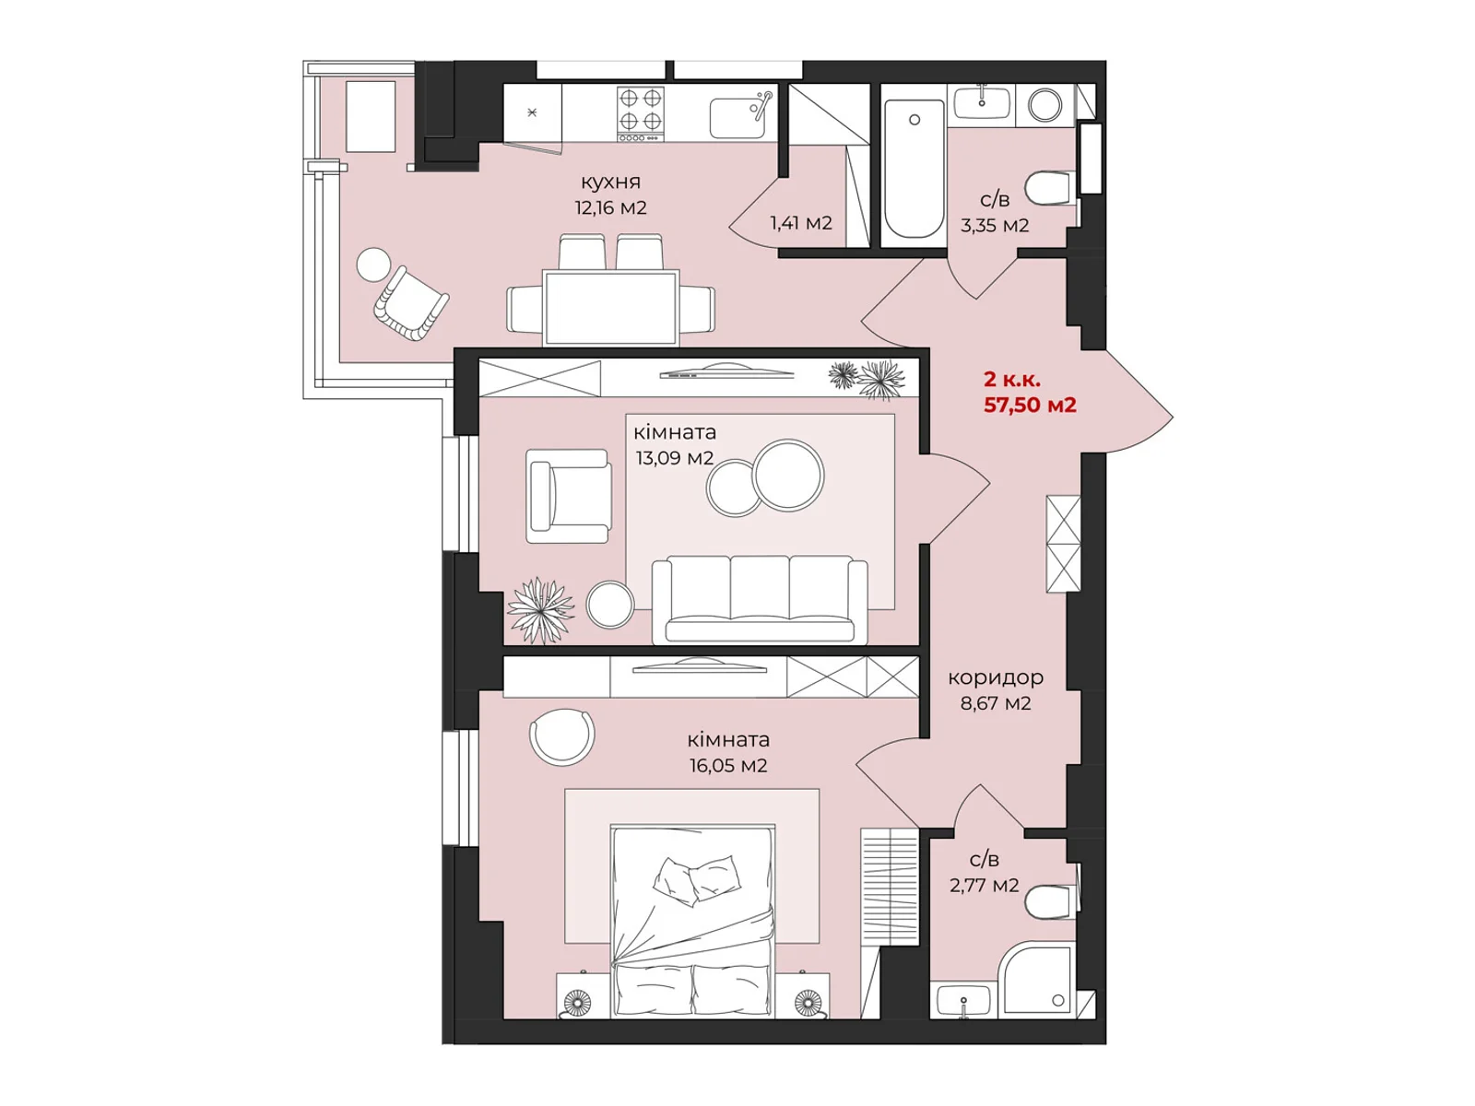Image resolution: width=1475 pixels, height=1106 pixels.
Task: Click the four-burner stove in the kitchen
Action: pyautogui.click(x=640, y=113)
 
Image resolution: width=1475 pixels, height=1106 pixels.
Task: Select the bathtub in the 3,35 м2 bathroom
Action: pyautogui.click(x=914, y=169)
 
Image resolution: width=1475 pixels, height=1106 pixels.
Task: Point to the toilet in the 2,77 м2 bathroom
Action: pyautogui.click(x=1049, y=900)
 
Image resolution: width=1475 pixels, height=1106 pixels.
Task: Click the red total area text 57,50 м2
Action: pyautogui.click(x=1030, y=405)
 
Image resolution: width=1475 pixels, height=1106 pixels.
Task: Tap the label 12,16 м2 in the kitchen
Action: pyautogui.click(x=610, y=207)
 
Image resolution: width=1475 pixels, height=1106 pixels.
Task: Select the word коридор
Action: pyautogui.click(x=996, y=678)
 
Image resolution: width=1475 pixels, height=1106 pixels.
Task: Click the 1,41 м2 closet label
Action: pyautogui.click(x=801, y=223)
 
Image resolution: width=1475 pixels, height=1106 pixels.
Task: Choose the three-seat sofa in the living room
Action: pyautogui.click(x=760, y=599)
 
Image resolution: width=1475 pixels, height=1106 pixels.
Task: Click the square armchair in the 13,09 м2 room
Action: pyautogui.click(x=569, y=496)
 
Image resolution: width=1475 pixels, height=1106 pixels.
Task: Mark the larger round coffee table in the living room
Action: pyautogui.click(x=788, y=475)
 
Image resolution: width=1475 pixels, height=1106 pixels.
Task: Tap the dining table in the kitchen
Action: pyautogui.click(x=611, y=308)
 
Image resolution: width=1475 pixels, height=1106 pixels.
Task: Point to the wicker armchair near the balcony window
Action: pyautogui.click(x=410, y=303)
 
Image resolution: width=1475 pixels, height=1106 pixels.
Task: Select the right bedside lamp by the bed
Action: pyautogui.click(x=807, y=1004)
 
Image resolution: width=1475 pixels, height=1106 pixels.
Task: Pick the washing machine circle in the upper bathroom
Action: pyautogui.click(x=1044, y=105)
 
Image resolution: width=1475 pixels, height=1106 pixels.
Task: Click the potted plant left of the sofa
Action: pyautogui.click(x=540, y=610)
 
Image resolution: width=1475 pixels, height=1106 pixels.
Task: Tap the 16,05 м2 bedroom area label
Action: pyautogui.click(x=727, y=766)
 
